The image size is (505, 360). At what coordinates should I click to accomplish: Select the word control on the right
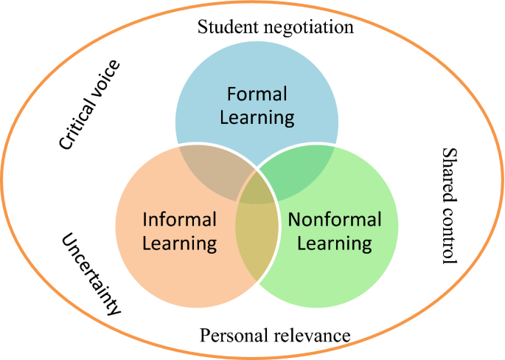tap(447, 235)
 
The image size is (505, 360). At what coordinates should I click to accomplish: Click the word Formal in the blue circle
tap(257, 95)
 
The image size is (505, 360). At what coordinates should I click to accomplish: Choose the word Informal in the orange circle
tap(179, 219)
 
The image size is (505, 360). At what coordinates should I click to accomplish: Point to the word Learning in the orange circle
tap(179, 242)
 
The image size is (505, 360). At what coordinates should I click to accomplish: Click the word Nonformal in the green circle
tap(335, 219)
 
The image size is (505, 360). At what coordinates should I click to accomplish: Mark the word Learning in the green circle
tap(335, 242)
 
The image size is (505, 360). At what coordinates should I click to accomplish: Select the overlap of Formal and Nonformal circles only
tap(299, 165)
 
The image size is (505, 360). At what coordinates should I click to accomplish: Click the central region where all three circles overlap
tap(256, 189)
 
